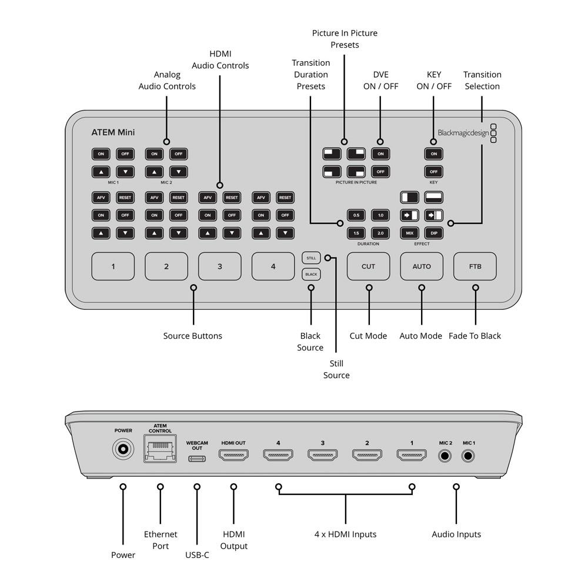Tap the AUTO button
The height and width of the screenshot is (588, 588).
pyautogui.click(x=422, y=266)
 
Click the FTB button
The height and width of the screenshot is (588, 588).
pyautogui.click(x=475, y=266)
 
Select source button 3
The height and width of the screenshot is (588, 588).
pyautogui.click(x=220, y=266)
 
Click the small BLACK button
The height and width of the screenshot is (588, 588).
pyautogui.click(x=311, y=275)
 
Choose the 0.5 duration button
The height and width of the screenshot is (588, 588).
pyautogui.click(x=356, y=215)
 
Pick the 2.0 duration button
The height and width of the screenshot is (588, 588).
pyautogui.click(x=380, y=233)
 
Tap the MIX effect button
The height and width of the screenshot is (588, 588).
pyautogui.click(x=410, y=233)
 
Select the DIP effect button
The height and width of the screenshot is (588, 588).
pyautogui.click(x=434, y=233)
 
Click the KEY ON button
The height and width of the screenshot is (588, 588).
pyautogui.click(x=434, y=154)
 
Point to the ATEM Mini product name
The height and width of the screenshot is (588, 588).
pyautogui.click(x=113, y=132)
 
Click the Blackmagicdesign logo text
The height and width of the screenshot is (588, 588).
pyautogui.click(x=463, y=133)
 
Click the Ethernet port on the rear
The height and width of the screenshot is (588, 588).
pyautogui.click(x=160, y=451)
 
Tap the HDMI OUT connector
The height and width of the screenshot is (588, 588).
pyautogui.click(x=233, y=455)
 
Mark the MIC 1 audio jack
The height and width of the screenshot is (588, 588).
pyautogui.click(x=469, y=455)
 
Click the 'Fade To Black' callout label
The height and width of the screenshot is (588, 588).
pyautogui.click(x=475, y=336)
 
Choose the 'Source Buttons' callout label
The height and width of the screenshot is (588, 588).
pyautogui.click(x=192, y=336)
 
